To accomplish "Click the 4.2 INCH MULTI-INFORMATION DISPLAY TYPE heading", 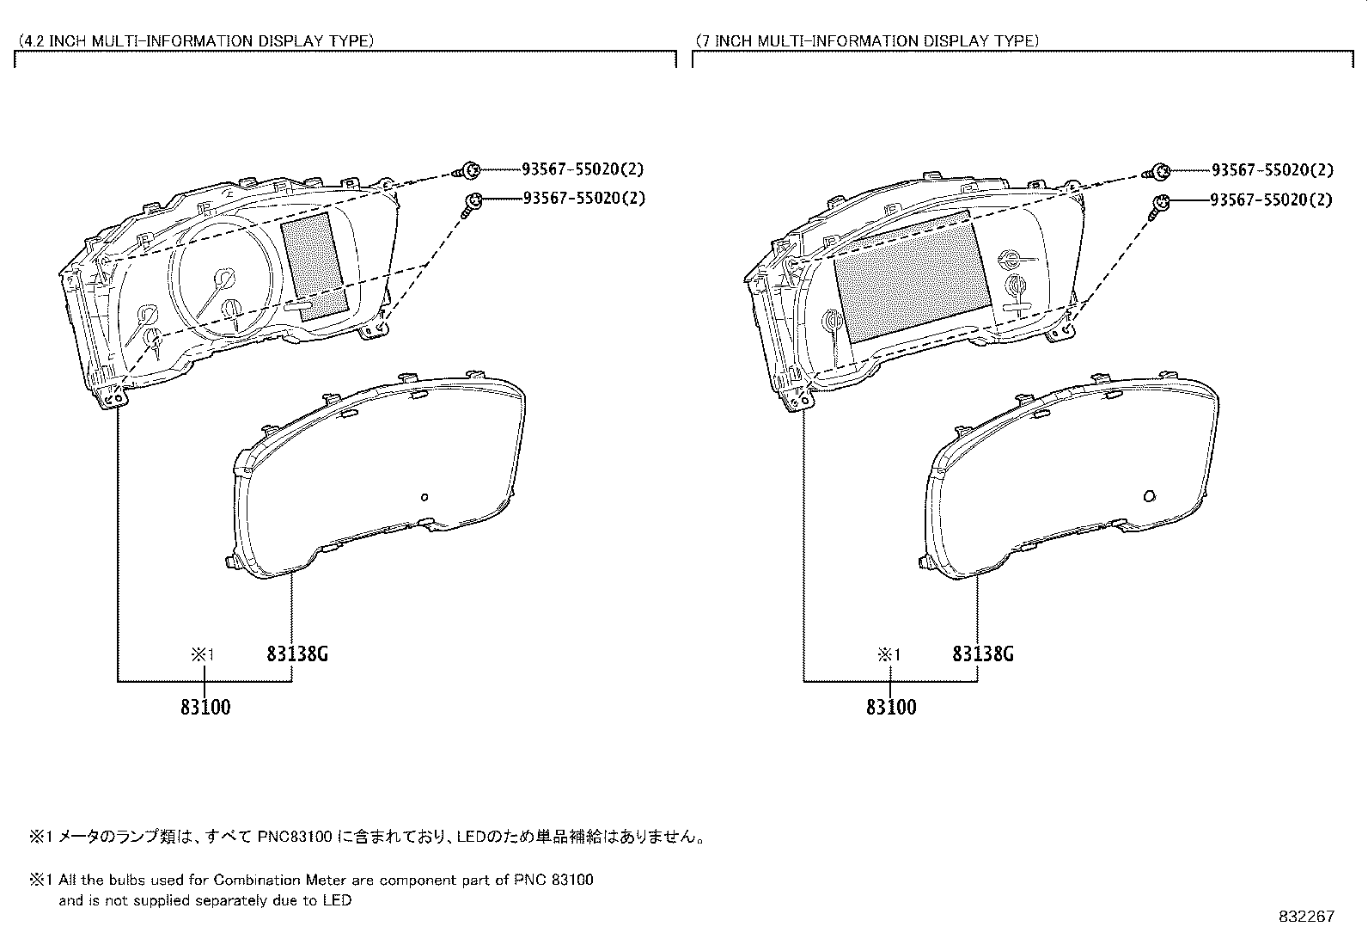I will click(x=196, y=40).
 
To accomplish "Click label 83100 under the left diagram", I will click(x=205, y=708).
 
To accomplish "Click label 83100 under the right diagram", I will click(x=891, y=708).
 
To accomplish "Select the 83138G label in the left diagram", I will click(x=297, y=654).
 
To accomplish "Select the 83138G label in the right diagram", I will click(x=983, y=654).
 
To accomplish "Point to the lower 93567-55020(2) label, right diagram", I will click(x=1270, y=200).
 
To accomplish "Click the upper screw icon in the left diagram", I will click(x=470, y=170).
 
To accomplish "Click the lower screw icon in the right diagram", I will click(x=1159, y=204).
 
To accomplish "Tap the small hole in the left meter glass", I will click(x=424, y=496).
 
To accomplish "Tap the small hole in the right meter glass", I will click(x=1150, y=496).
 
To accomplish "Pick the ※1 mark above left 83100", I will click(x=202, y=655).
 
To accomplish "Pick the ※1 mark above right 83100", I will click(x=889, y=655).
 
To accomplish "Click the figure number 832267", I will click(x=1307, y=917).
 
